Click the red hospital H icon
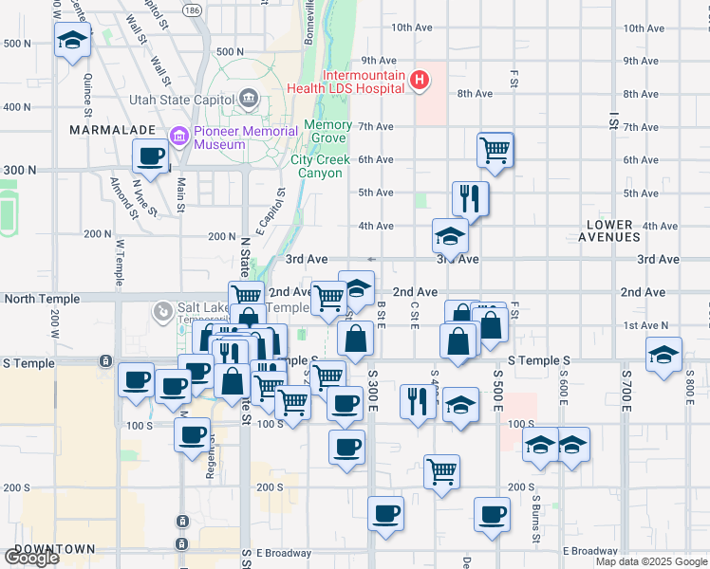click(x=419, y=82)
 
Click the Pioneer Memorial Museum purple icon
click(x=178, y=138)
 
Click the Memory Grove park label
click(x=327, y=132)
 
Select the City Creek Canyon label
click(x=321, y=167)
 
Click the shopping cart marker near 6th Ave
click(x=495, y=149)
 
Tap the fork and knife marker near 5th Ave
click(x=470, y=197)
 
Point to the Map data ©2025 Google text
click(x=651, y=561)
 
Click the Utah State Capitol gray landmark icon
click(x=248, y=97)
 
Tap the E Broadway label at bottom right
click(x=589, y=551)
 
